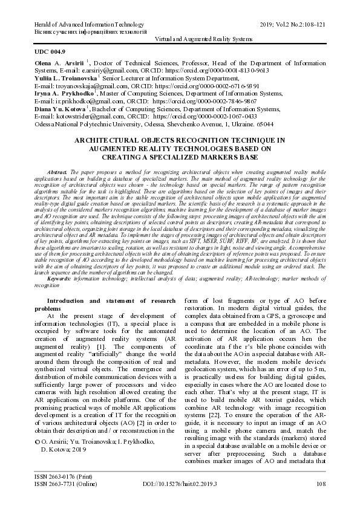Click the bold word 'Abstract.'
point(56,172)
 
